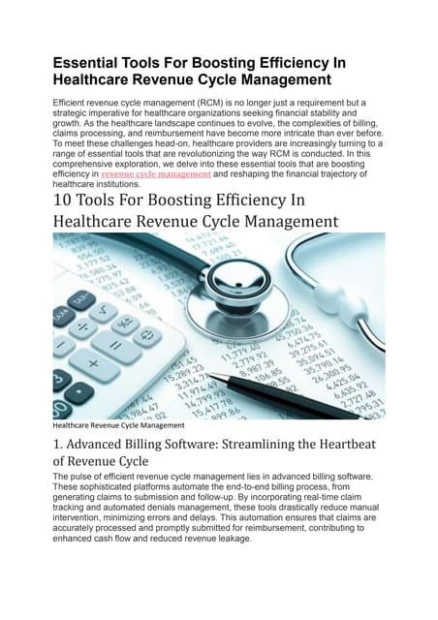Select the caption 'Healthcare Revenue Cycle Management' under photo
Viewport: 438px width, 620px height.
pos(118,425)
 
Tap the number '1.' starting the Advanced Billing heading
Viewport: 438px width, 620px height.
pos(59,446)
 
